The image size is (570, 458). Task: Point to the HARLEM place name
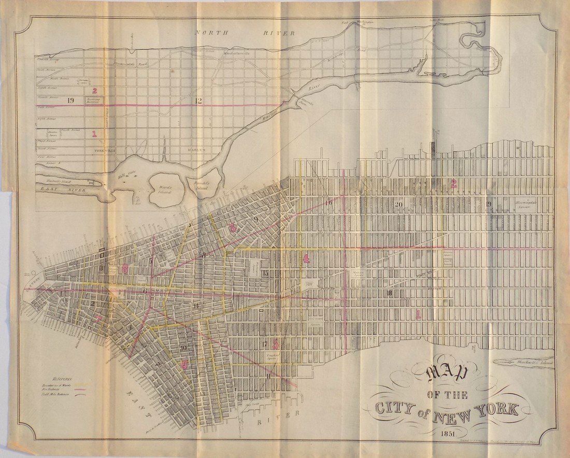[x=196, y=150]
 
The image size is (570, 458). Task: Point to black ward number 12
[x=198, y=101]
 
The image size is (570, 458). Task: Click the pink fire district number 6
[x=184, y=364]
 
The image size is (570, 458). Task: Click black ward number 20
[x=398, y=204]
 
